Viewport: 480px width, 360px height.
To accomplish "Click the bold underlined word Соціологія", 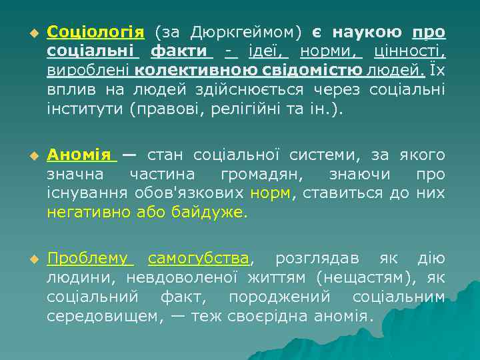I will pyautogui.click(x=95, y=33).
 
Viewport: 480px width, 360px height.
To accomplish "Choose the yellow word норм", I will pyautogui.click(x=270, y=193).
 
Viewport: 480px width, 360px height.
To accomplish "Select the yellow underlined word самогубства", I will pyautogui.click(x=198, y=259).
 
